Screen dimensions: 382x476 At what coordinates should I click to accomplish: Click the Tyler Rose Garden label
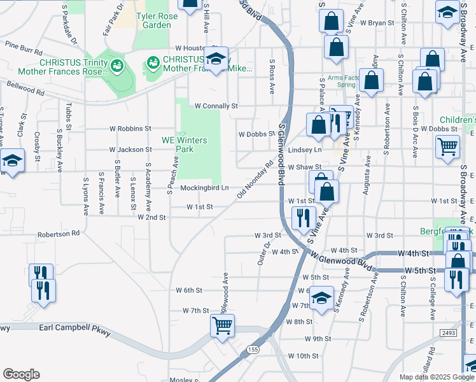point(153,20)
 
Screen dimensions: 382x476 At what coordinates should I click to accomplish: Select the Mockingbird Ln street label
point(204,188)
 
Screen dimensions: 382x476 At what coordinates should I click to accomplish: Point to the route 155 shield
point(254,350)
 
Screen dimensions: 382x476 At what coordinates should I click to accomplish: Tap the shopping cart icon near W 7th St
point(223,325)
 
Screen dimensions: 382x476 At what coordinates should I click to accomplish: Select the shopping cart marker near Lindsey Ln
point(447,146)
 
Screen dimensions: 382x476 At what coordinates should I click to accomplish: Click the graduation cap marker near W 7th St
point(322,297)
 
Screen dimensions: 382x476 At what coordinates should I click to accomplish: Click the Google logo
point(21,374)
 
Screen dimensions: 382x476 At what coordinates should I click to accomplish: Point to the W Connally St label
point(216,106)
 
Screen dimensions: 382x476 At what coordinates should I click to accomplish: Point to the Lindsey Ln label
point(305,150)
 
